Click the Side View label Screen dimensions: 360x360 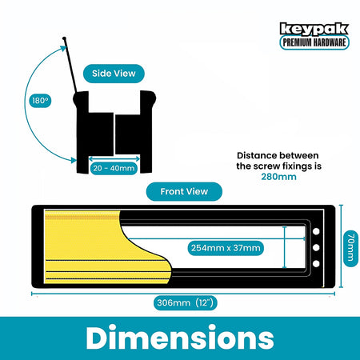click(114, 74)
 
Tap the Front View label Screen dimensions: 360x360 click(184, 191)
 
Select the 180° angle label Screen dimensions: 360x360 click(40, 101)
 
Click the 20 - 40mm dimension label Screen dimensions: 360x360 click(114, 169)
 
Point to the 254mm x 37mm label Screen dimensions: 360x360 click(226, 248)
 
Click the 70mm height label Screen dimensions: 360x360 click(350, 247)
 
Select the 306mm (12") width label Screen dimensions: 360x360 click(186, 303)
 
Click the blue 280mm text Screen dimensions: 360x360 click(278, 177)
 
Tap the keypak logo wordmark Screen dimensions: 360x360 click(314, 29)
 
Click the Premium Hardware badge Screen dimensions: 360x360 click(314, 42)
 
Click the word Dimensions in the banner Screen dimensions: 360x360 click(180, 338)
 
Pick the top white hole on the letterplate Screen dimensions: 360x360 click(316, 231)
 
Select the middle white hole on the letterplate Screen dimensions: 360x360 click(316, 247)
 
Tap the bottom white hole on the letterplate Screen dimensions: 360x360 click(316, 264)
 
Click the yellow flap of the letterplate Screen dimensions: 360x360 click(88, 248)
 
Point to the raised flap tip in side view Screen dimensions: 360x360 click(64, 38)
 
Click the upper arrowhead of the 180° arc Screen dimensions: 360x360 click(63, 48)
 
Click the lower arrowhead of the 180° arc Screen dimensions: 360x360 click(74, 160)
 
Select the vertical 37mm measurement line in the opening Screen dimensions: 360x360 click(285, 247)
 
